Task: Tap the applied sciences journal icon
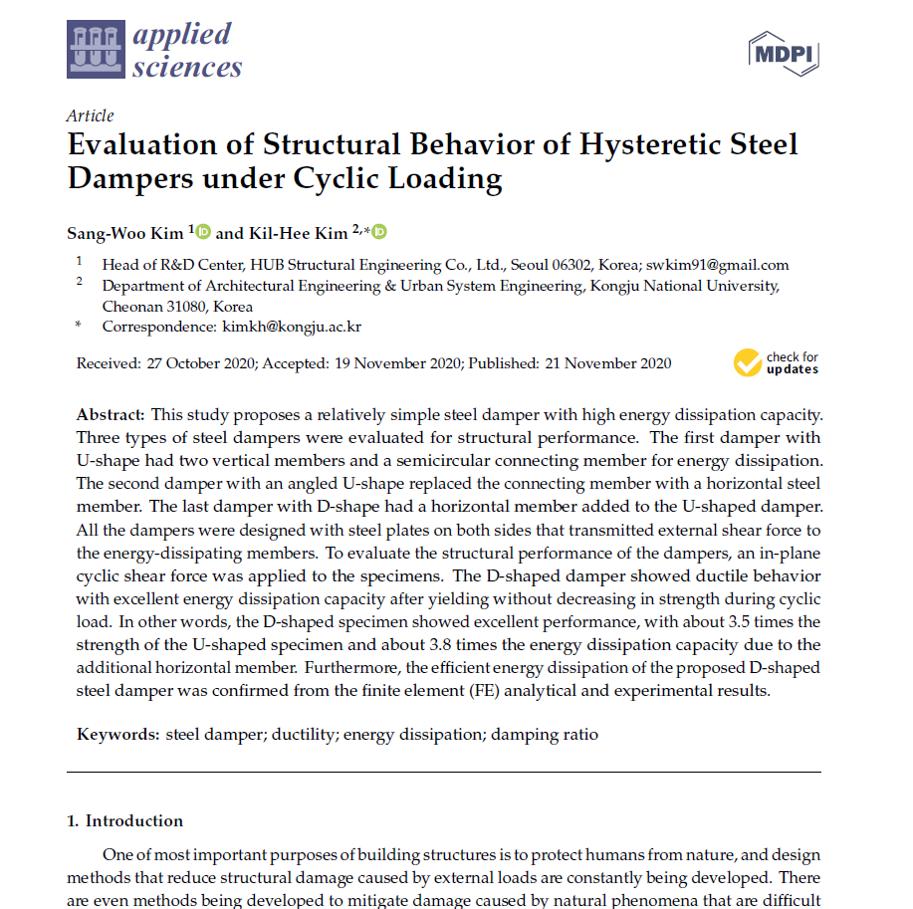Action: coord(97,51)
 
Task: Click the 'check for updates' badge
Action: coord(777,363)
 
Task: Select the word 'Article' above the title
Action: coord(90,115)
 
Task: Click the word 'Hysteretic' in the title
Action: coord(653,144)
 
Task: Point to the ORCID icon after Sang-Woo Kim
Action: coord(204,232)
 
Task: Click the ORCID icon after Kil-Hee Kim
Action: coord(378,232)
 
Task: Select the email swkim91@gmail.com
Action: coord(717,265)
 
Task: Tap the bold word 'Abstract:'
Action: coord(112,413)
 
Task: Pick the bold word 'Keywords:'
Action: coord(118,735)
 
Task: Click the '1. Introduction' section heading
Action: coord(124,820)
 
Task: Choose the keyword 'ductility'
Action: coord(303,735)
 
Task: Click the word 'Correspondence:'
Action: coord(158,326)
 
